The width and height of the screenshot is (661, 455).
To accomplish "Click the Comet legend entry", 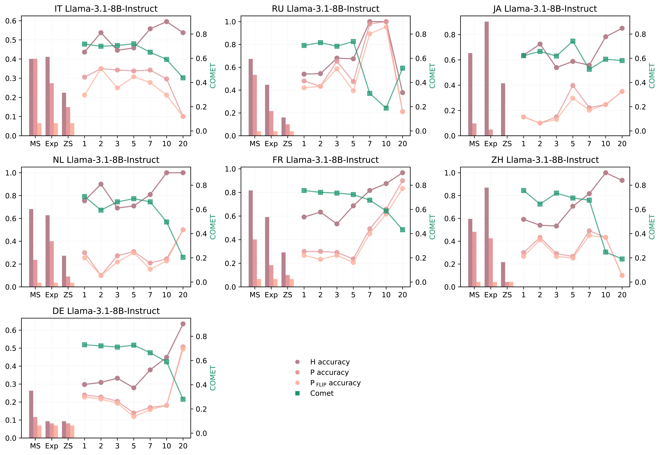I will pos(322,393).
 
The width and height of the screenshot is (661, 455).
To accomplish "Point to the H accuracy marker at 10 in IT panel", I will pos(167,22).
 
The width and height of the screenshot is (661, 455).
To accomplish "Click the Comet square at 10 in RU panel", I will pos(386,108).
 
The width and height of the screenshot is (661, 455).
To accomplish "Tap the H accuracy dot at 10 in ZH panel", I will pos(606,173).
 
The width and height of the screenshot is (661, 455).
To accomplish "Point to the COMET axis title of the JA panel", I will pos(652,76).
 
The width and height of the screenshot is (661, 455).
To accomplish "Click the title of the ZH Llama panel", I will pos(545,160).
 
